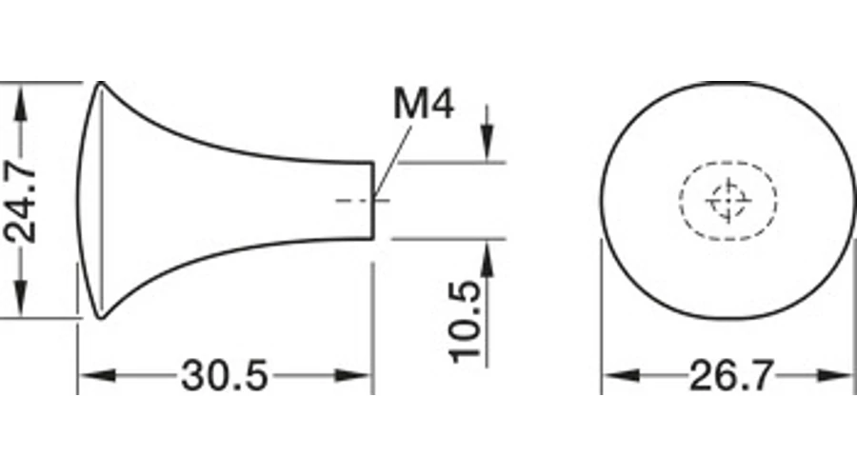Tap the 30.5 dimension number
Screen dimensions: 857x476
coord(225,376)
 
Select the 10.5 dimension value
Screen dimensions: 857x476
coord(466,322)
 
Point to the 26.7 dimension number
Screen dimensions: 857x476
coord(731,376)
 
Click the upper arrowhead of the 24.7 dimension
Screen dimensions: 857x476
coord(21,103)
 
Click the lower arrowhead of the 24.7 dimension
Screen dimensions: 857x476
coord(21,298)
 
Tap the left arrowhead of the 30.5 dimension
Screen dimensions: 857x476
coord(97,375)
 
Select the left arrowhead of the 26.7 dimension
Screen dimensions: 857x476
coord(621,375)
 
